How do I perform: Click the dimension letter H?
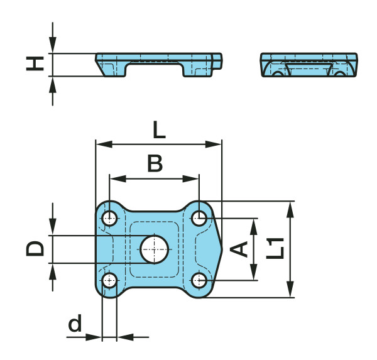pyautogui.click(x=35, y=63)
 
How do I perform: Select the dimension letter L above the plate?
pyautogui.click(x=159, y=130)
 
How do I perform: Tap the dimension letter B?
pyautogui.click(x=155, y=163)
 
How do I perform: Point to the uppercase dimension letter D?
pyautogui.click(x=35, y=248)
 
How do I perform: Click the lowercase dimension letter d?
pyautogui.click(x=75, y=323)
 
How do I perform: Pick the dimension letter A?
pyautogui.click(x=239, y=249)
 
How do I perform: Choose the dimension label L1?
pyautogui.click(x=275, y=248)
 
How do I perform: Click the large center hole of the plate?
pyautogui.click(x=155, y=249)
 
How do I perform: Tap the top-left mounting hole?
pyautogui.click(x=109, y=219)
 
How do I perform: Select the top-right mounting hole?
pyautogui.click(x=199, y=218)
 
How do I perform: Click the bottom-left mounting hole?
pyautogui.click(x=109, y=280)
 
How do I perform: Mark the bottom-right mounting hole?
pyautogui.click(x=199, y=280)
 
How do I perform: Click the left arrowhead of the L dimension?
pyautogui.click(x=104, y=145)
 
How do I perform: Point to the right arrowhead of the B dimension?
pyautogui.click(x=190, y=178)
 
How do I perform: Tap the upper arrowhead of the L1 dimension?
pyautogui.click(x=290, y=210)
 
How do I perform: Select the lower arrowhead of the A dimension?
pyautogui.click(x=253, y=272)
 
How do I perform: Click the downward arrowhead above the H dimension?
pyautogui.click(x=53, y=45)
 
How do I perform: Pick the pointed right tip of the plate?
pyautogui.click(x=222, y=249)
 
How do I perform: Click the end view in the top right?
pyautogui.click(x=309, y=65)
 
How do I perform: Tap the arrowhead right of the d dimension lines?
pyautogui.click(x=126, y=337)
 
